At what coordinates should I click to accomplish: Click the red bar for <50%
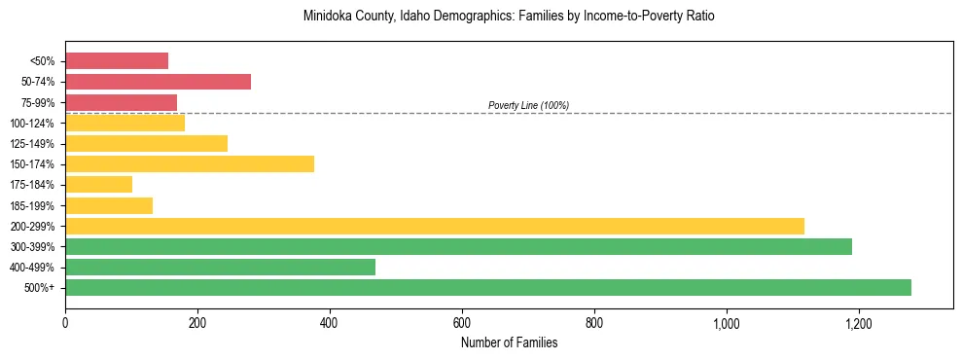click(x=117, y=61)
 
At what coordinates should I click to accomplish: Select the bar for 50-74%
click(x=158, y=82)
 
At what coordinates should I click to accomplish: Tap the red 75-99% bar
click(x=121, y=102)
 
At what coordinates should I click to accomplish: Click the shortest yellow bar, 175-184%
click(x=98, y=185)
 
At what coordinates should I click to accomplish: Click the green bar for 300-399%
click(x=458, y=246)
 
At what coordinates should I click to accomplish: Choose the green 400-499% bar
click(x=220, y=267)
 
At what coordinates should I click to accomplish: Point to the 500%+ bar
click(x=488, y=287)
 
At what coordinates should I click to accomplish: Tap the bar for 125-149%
click(x=146, y=143)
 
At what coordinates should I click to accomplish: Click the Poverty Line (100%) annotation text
click(x=528, y=105)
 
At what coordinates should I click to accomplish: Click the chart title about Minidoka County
click(x=509, y=17)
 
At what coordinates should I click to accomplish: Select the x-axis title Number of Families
click(x=509, y=342)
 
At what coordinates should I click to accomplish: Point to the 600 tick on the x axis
click(x=462, y=322)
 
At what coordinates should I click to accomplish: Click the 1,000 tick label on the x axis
click(x=727, y=322)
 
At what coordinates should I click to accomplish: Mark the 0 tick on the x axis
click(x=65, y=322)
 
